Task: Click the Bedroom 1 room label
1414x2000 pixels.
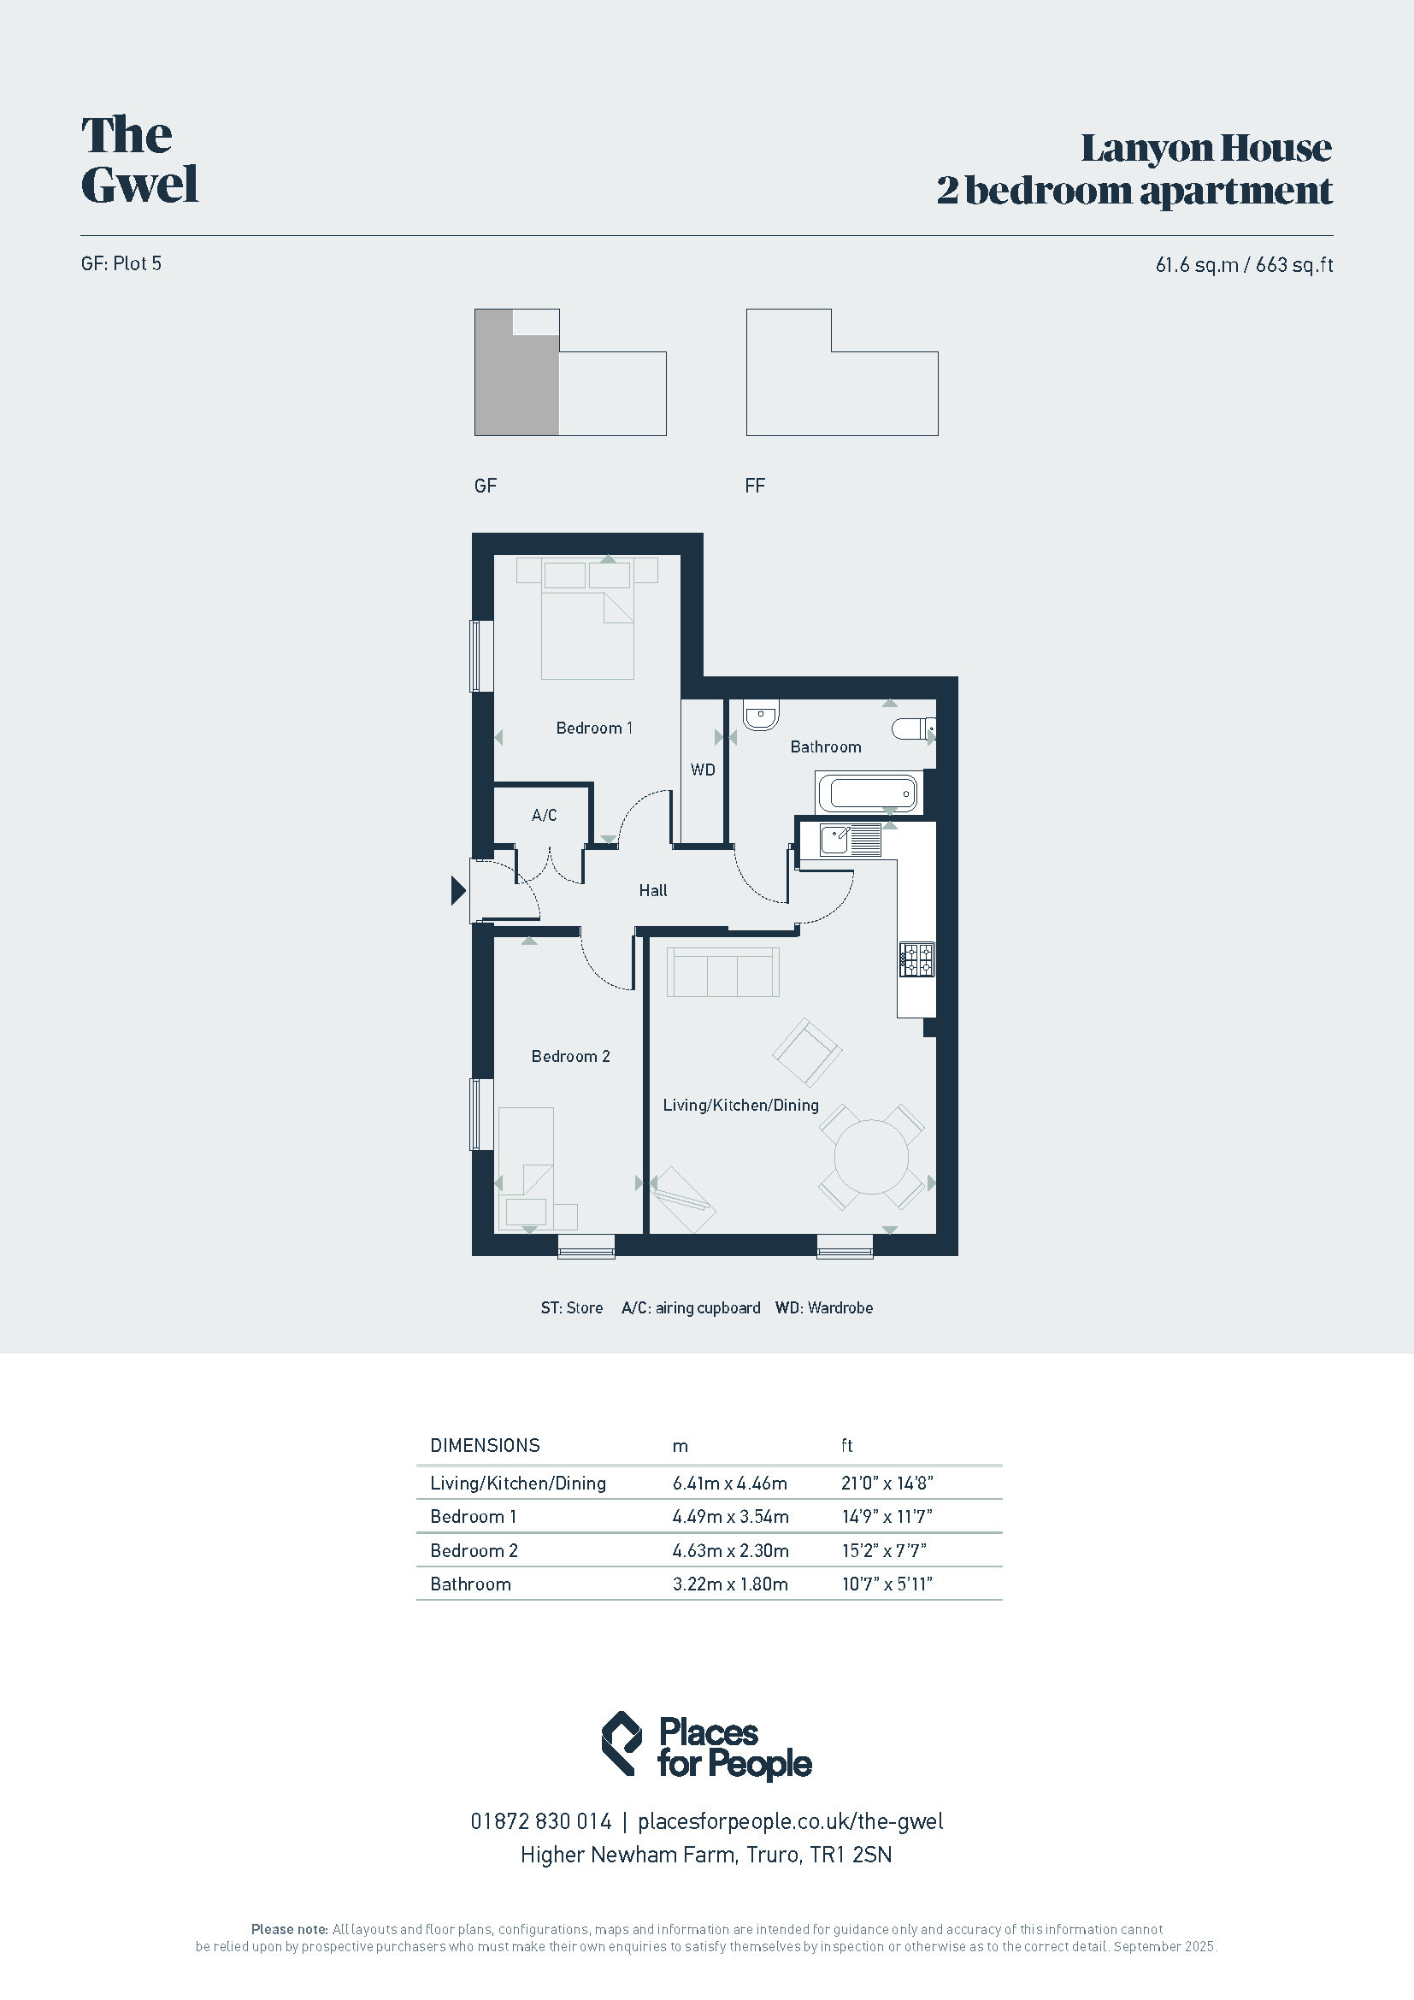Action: point(594,729)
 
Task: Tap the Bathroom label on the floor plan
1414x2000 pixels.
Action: point(826,746)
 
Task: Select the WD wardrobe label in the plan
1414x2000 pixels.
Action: point(703,770)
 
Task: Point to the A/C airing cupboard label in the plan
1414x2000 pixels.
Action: point(545,816)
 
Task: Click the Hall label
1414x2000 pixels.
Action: point(653,890)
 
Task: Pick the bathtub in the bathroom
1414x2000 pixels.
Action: point(868,794)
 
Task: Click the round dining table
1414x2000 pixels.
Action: point(870,1158)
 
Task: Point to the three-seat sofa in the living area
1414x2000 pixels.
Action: point(722,971)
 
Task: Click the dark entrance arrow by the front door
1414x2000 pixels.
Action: point(458,890)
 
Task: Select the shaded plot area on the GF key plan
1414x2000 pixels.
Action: point(516,379)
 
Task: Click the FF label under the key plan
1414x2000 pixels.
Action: point(755,486)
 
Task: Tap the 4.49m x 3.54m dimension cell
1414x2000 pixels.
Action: point(730,1517)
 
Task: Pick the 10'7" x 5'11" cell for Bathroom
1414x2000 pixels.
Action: point(887,1584)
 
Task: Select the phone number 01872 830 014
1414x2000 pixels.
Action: point(540,1820)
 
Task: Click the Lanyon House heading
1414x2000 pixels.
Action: point(1206,148)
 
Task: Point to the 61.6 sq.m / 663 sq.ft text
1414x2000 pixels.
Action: point(1244,265)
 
